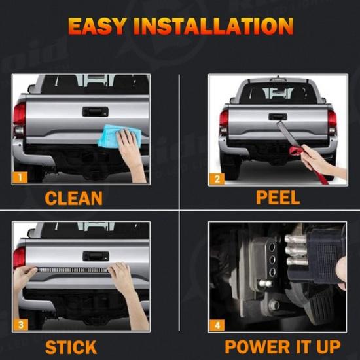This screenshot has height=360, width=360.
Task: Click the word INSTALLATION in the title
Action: click(x=216, y=27)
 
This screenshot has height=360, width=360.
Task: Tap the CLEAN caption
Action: click(x=73, y=198)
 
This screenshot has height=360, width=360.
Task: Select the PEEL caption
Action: click(x=278, y=198)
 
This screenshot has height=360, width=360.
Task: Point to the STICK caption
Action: click(x=71, y=346)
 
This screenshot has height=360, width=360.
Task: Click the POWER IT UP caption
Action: click(x=282, y=346)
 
